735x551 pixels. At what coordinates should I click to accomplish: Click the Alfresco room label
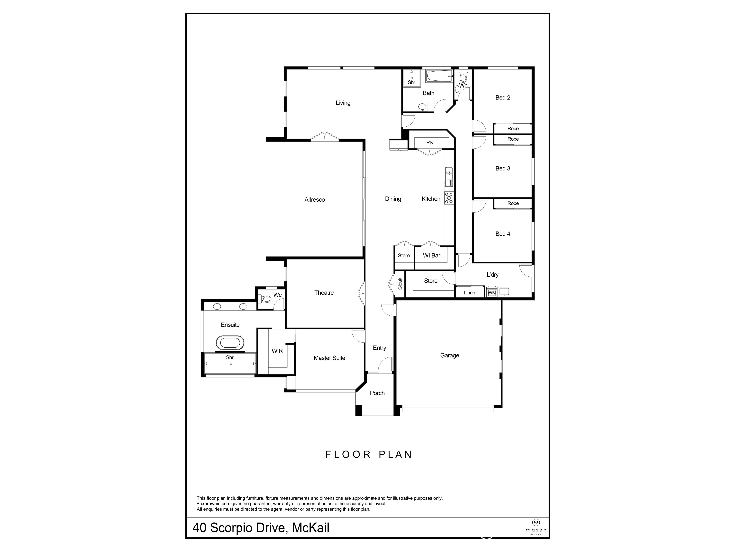coord(314,200)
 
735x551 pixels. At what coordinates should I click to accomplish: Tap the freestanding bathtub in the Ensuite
coord(230,342)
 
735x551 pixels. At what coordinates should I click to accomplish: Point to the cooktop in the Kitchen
coord(449,198)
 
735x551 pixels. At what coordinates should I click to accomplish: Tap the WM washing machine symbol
coord(492,293)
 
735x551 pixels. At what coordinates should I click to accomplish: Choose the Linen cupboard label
coord(469,293)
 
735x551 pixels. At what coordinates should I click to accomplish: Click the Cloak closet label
coord(400,283)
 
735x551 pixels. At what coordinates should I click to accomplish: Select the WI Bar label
coord(431,255)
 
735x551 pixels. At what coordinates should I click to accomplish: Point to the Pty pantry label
coord(430,143)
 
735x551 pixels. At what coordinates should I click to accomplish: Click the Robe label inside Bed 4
coord(513,203)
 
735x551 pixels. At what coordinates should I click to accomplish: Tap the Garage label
coord(449,355)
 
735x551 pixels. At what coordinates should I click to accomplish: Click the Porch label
coord(377,393)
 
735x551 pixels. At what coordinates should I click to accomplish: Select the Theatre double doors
coord(362,293)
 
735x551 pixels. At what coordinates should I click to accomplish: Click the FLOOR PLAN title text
coord(368,454)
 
